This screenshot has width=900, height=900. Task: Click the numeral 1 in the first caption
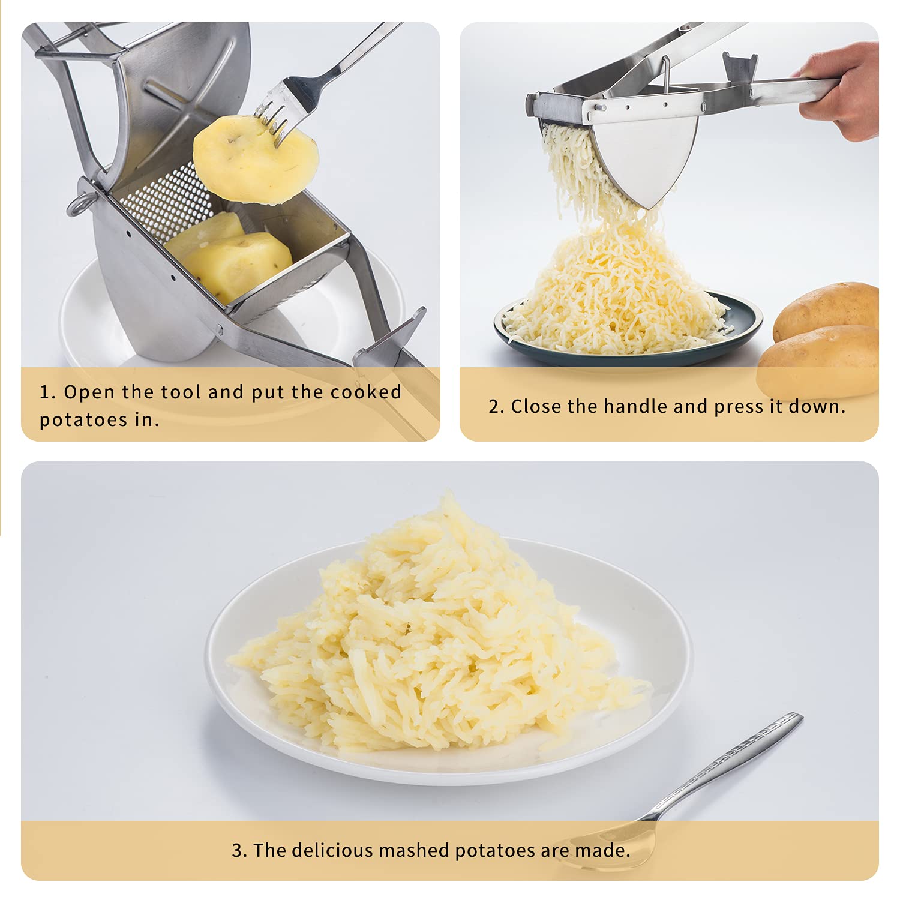[44, 392]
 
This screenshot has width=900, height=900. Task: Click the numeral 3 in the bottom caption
[238, 851]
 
